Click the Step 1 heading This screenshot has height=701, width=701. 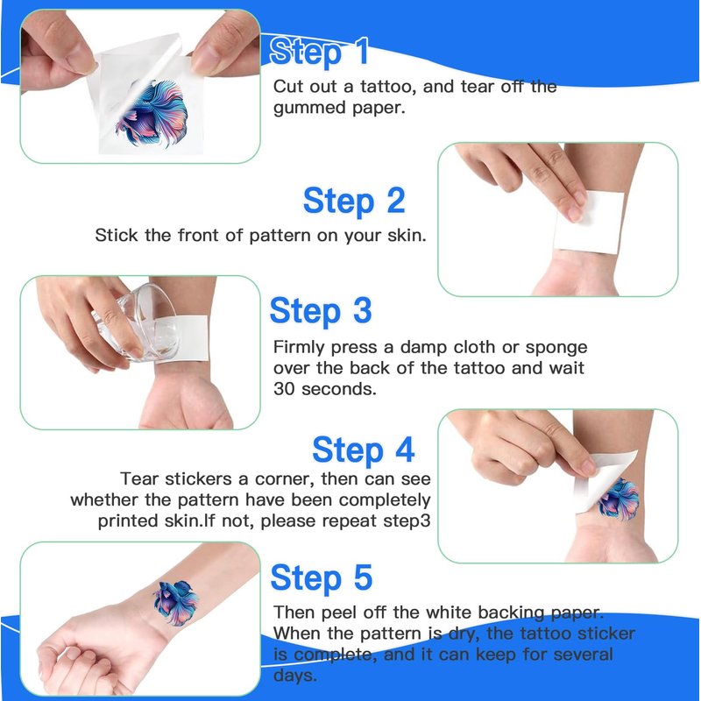tap(319, 52)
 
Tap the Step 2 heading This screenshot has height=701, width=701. tap(354, 201)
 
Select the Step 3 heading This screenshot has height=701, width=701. tap(321, 311)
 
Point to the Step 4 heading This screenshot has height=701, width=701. tap(364, 450)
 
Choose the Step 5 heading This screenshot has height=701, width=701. tap(322, 577)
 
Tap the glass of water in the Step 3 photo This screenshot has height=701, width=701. tap(137, 322)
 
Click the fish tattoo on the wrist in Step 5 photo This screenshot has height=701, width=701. tap(176, 602)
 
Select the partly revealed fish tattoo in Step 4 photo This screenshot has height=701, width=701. tap(620, 499)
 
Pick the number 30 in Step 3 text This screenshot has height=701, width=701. tap(283, 389)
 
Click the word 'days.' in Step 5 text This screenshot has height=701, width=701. tap(295, 675)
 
